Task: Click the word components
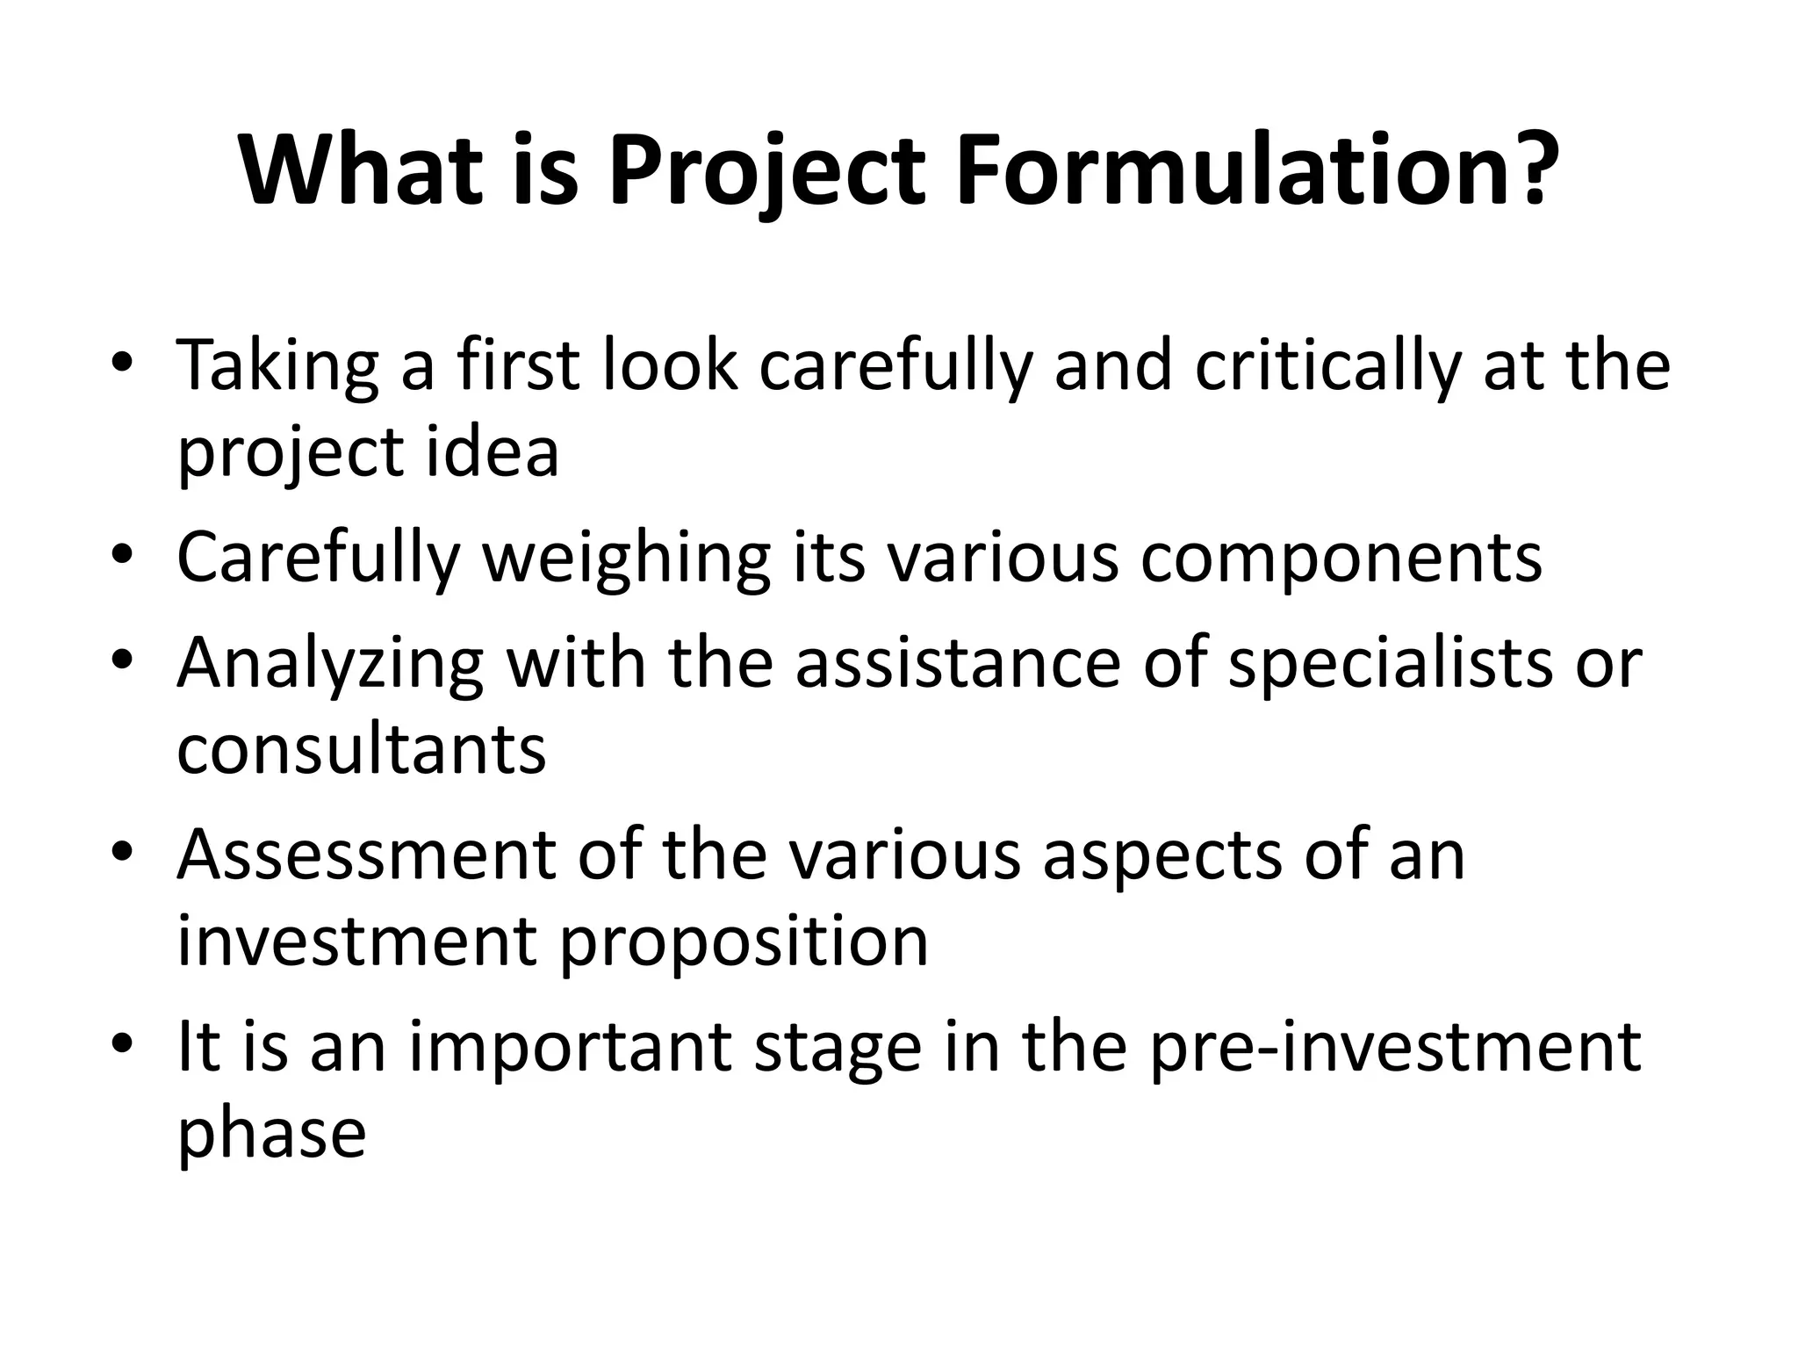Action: click(x=1341, y=559)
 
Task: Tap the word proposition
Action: click(x=744, y=942)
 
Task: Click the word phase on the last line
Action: click(x=272, y=1135)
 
